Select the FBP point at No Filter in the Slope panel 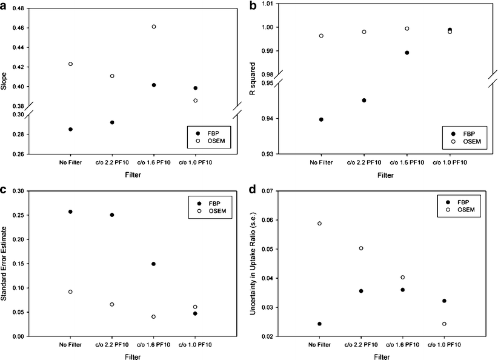(71, 129)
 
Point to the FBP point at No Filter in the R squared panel (321, 119)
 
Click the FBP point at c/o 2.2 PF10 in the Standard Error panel (112, 215)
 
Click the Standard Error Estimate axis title (5, 264)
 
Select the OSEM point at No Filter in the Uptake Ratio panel (320, 223)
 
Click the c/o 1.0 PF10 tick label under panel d (445, 345)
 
